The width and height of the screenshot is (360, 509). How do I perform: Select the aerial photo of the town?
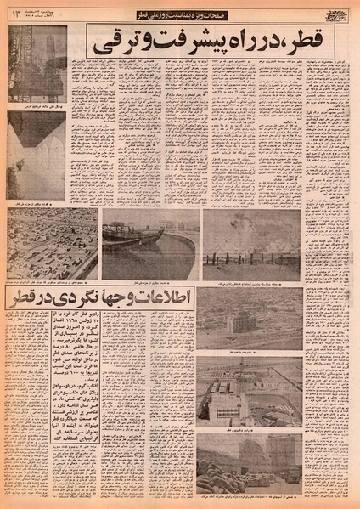pos(50,241)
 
